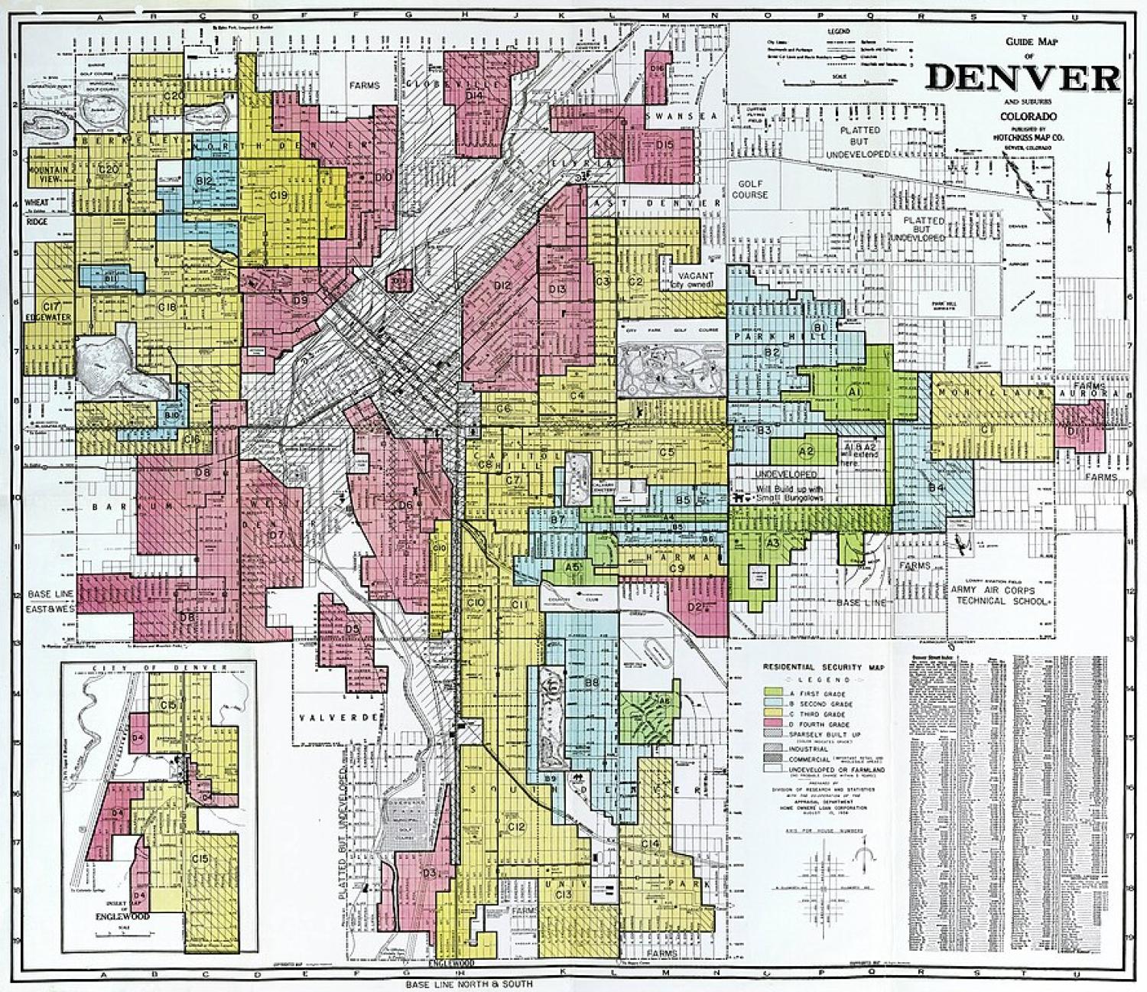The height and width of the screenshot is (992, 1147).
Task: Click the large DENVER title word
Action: (x=1022, y=77)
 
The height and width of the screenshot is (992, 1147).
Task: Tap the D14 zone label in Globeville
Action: (x=475, y=96)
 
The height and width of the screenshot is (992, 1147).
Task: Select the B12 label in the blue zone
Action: (x=204, y=181)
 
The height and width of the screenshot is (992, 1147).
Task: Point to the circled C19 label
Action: (x=278, y=197)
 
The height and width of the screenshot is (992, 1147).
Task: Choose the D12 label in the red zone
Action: (x=502, y=285)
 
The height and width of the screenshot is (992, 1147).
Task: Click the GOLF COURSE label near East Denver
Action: (x=749, y=190)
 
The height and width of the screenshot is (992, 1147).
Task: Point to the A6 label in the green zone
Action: (x=664, y=699)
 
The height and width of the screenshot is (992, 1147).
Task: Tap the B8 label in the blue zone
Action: (x=591, y=681)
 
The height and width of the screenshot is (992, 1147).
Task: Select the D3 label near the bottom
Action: (x=428, y=873)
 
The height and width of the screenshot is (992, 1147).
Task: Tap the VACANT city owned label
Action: (x=694, y=279)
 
